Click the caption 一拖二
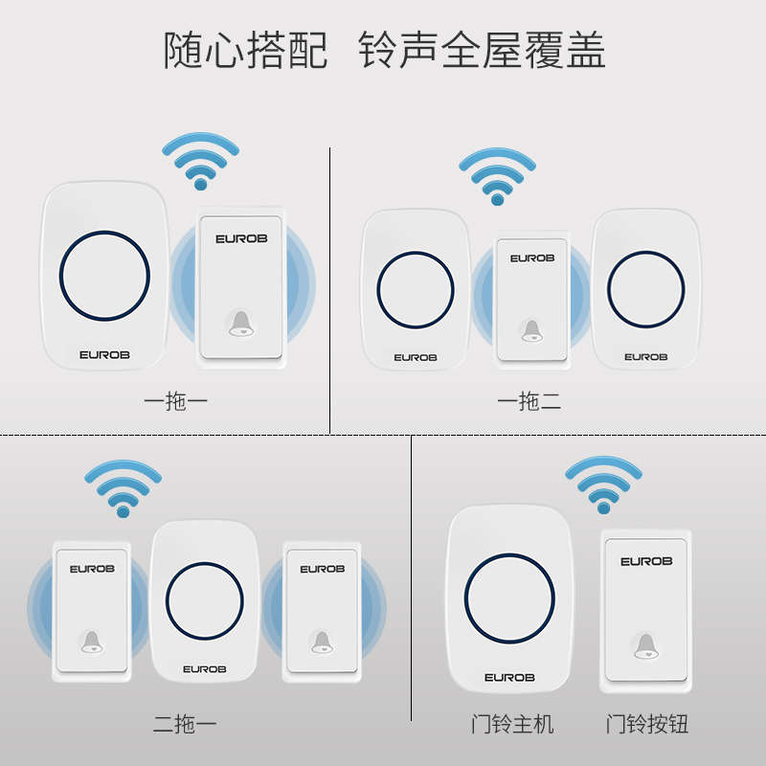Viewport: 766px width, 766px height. coord(529,402)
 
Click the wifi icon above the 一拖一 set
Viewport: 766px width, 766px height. coord(200,163)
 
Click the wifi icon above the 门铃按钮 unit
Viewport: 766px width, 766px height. coord(602,484)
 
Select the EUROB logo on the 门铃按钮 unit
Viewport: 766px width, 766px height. coord(646,561)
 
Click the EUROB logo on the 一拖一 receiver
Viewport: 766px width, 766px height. coord(104,354)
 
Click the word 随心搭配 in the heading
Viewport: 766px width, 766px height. coord(245,50)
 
